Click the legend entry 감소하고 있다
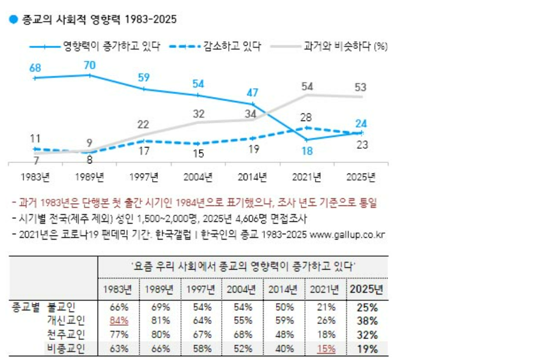click(232, 47)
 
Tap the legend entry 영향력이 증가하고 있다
click(111, 47)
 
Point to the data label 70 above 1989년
click(90, 64)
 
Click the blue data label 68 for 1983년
click(35, 68)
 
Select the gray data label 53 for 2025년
click(360, 87)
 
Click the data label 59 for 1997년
click(144, 77)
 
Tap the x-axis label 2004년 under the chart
click(199, 176)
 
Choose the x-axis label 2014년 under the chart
click(252, 176)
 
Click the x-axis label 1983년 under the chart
click(35, 176)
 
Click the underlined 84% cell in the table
click(119, 321)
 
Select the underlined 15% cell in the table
click(326, 349)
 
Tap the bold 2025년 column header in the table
click(366, 289)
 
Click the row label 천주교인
click(66, 335)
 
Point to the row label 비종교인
click(66, 349)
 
